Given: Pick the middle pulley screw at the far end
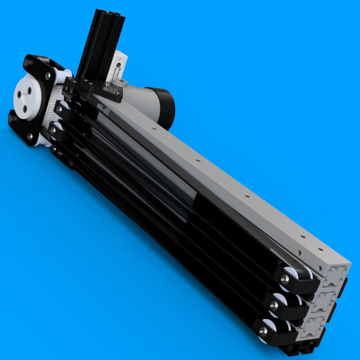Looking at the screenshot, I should click(274, 306).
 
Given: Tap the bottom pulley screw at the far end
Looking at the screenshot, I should click(263, 331).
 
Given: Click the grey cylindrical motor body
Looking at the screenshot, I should click(139, 98).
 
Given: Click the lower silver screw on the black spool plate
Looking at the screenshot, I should click(30, 136).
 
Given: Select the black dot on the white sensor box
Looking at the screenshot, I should click(118, 65).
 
